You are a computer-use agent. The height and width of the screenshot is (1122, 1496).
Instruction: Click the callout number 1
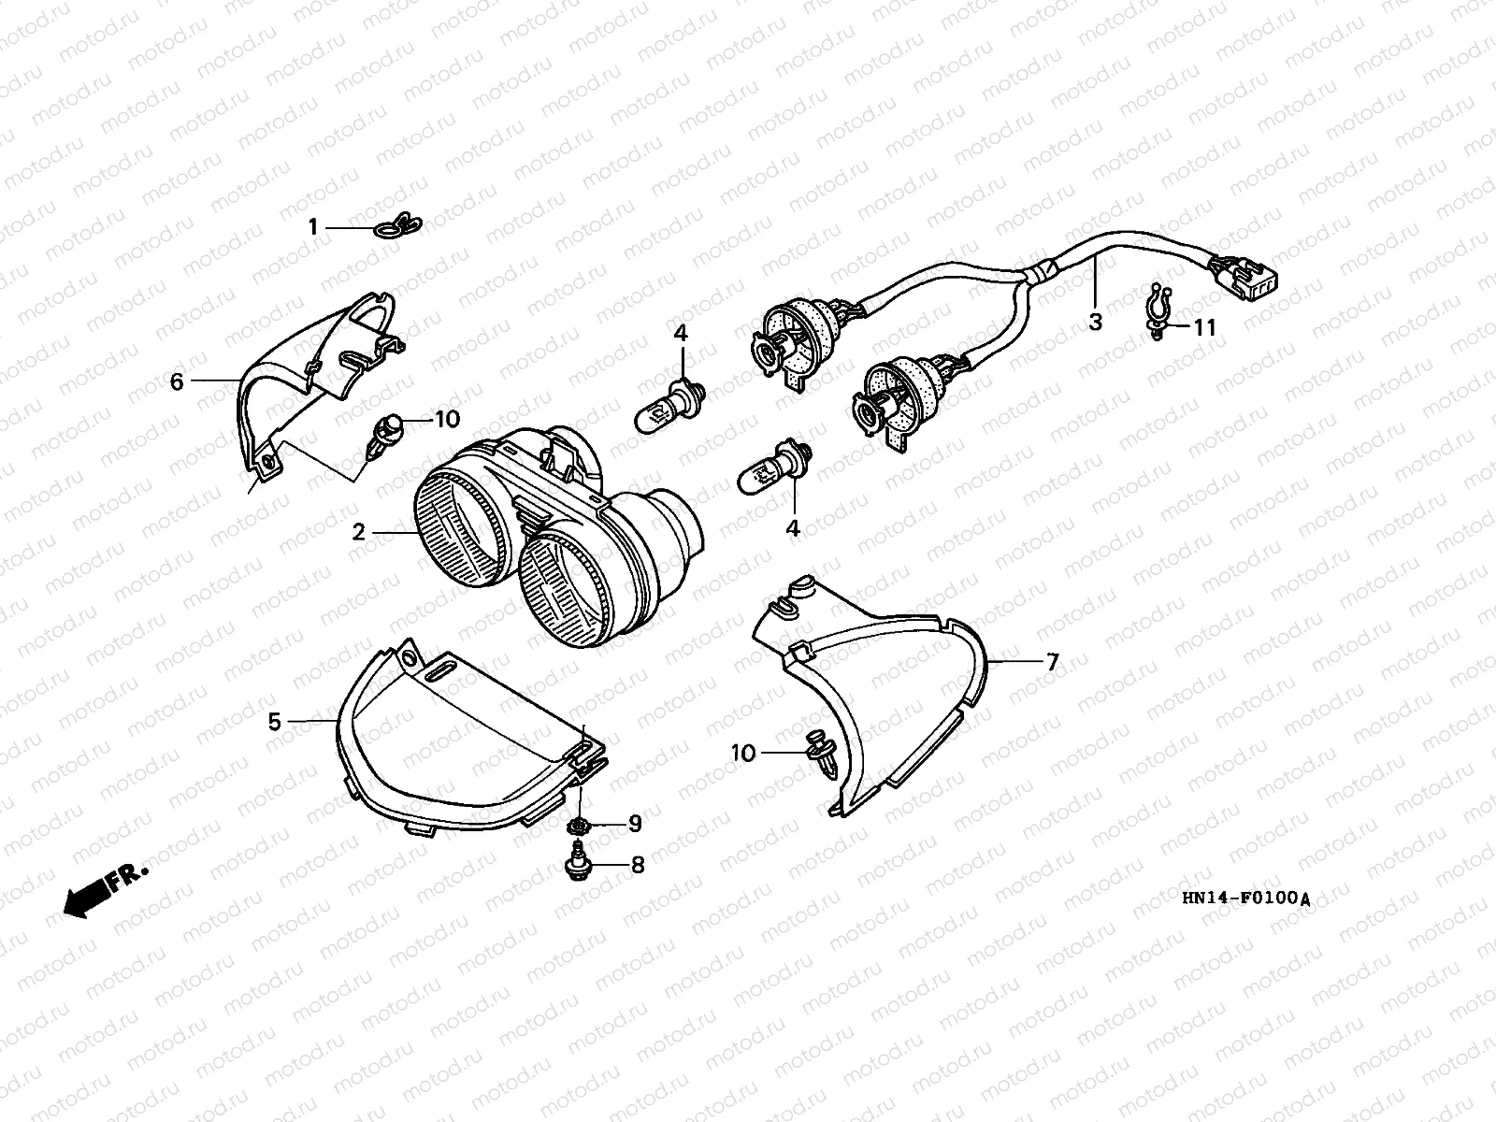click(x=314, y=226)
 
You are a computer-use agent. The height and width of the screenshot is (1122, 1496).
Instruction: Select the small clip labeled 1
click(x=398, y=225)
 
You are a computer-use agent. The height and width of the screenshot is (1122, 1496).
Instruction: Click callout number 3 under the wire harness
click(x=1095, y=323)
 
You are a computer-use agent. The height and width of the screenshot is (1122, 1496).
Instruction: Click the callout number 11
click(x=1204, y=327)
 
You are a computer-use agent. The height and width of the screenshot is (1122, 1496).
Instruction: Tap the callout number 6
click(x=177, y=381)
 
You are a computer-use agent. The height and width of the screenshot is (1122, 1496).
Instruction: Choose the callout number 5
click(x=275, y=722)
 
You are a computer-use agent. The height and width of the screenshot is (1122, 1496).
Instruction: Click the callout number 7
click(x=1052, y=662)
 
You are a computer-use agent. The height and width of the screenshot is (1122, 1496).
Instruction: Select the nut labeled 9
click(x=580, y=826)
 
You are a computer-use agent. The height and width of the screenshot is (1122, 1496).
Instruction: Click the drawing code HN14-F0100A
click(x=1245, y=899)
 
